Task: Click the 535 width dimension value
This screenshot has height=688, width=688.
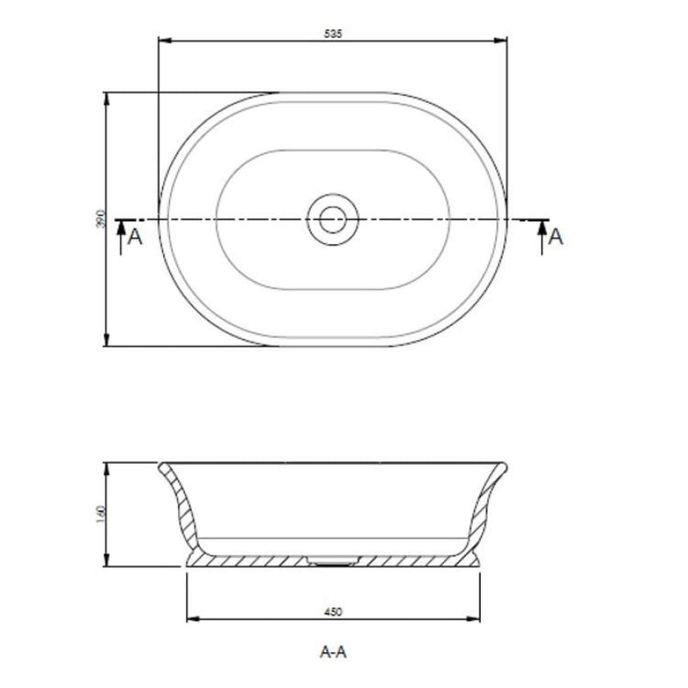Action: (333, 34)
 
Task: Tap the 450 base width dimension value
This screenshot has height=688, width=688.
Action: (333, 611)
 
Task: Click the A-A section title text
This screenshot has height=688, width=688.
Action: (333, 653)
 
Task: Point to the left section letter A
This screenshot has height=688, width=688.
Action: (136, 238)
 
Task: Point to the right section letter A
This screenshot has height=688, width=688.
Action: (555, 237)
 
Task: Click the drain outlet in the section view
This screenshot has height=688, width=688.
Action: (333, 561)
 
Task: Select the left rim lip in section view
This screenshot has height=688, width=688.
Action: (163, 466)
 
